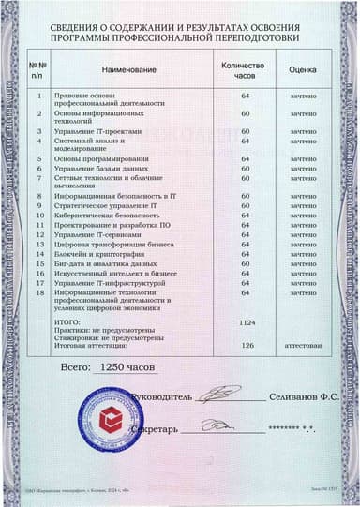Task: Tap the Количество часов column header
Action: [x=243, y=70]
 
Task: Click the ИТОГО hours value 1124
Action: [x=247, y=321]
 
